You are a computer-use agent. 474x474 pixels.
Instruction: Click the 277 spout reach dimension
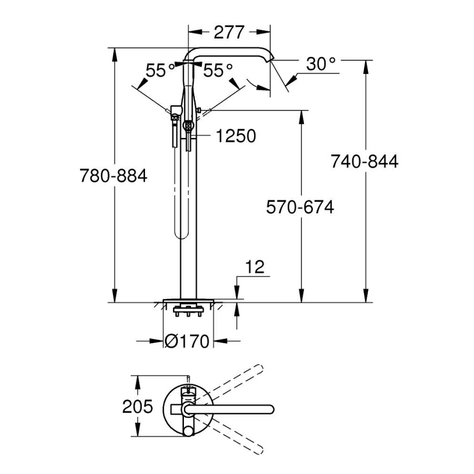pos(229,32)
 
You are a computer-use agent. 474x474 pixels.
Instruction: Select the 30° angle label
pos(320,64)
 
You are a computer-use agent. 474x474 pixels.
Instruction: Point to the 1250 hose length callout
pos(235,136)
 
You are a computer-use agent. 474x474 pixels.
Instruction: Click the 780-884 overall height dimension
pos(113,176)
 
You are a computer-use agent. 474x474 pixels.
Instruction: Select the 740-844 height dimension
pos(364,161)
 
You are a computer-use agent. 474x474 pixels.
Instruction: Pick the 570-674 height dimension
pos(299,207)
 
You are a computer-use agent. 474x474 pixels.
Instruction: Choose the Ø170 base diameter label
pos(187,342)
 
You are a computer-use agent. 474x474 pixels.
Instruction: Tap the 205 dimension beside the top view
pos(137,407)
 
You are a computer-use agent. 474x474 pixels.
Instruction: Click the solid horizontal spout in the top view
pos(230,409)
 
